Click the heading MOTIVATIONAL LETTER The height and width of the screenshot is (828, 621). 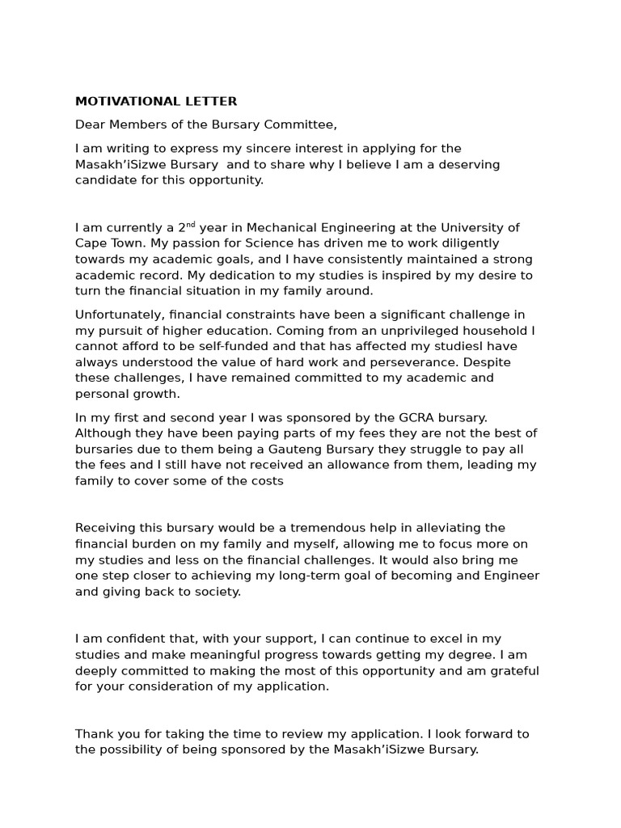tap(156, 101)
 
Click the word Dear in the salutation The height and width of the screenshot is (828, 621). tap(90, 125)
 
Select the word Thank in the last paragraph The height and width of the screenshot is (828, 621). tap(94, 733)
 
